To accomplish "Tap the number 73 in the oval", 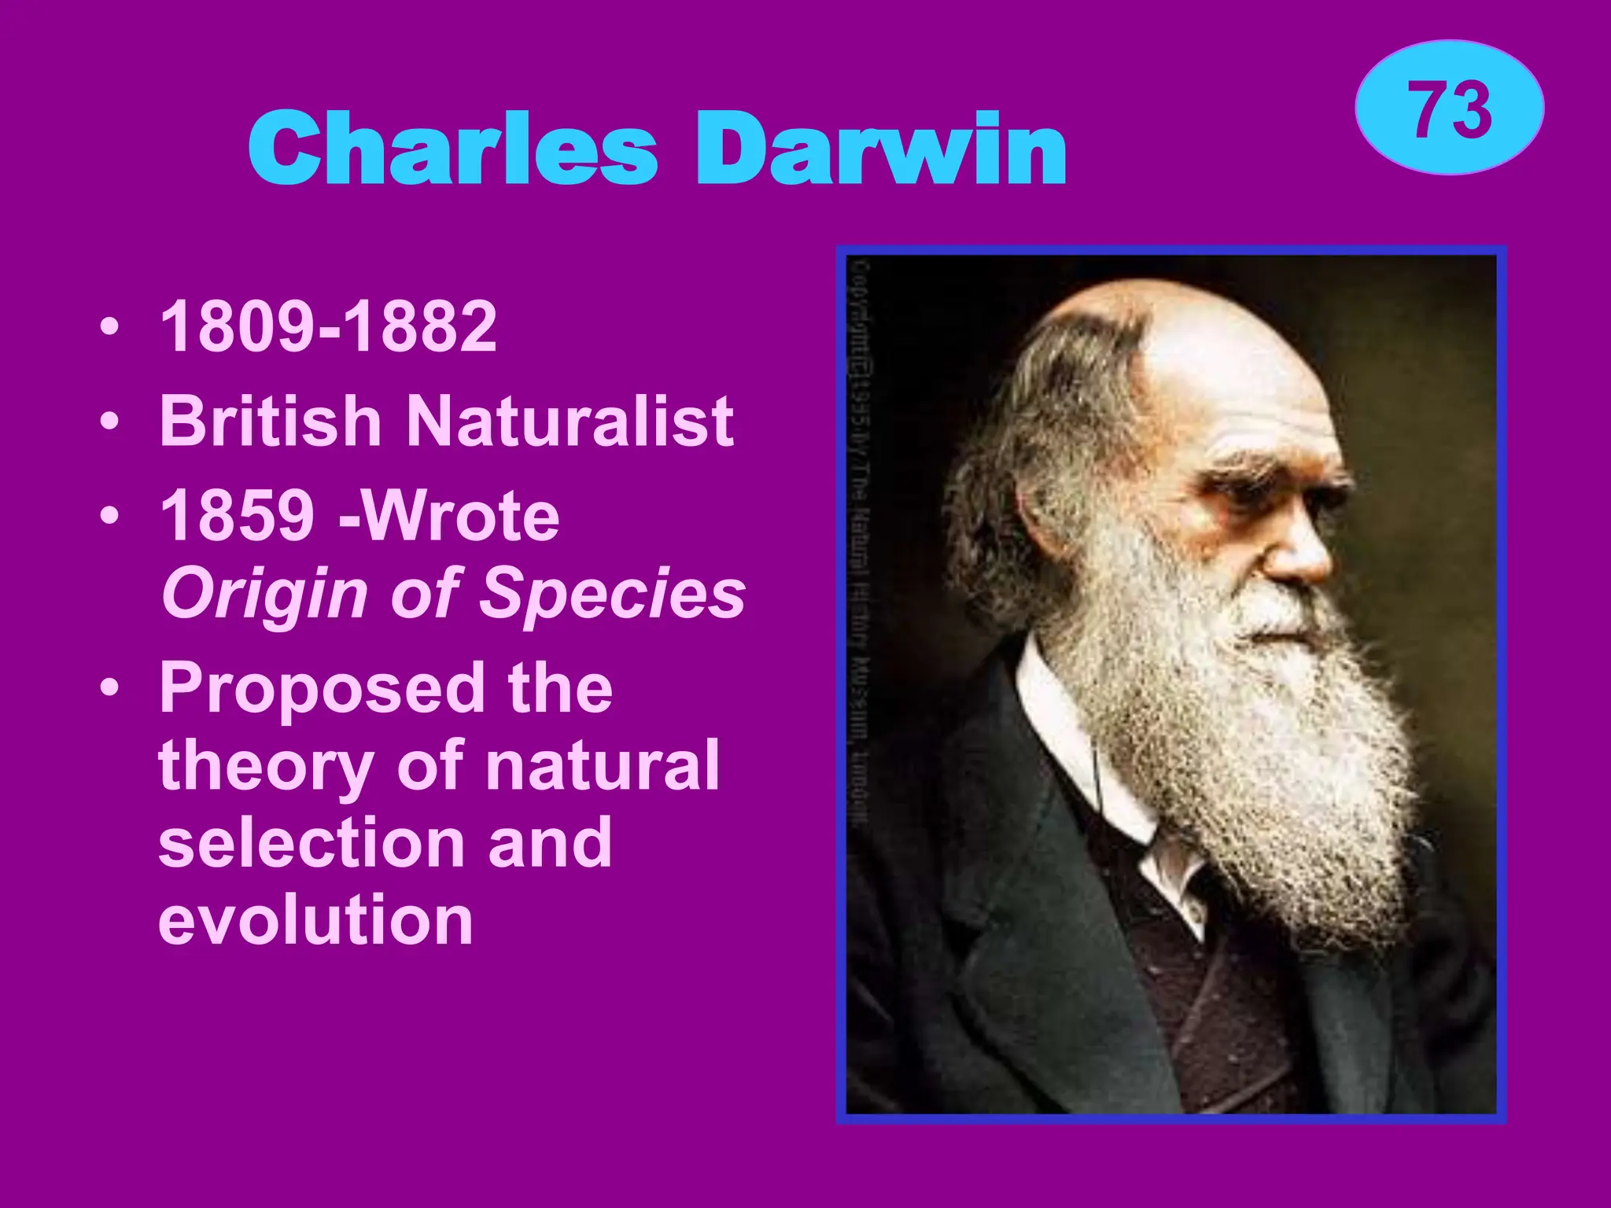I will [x=1449, y=110].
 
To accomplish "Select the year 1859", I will [x=237, y=516].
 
